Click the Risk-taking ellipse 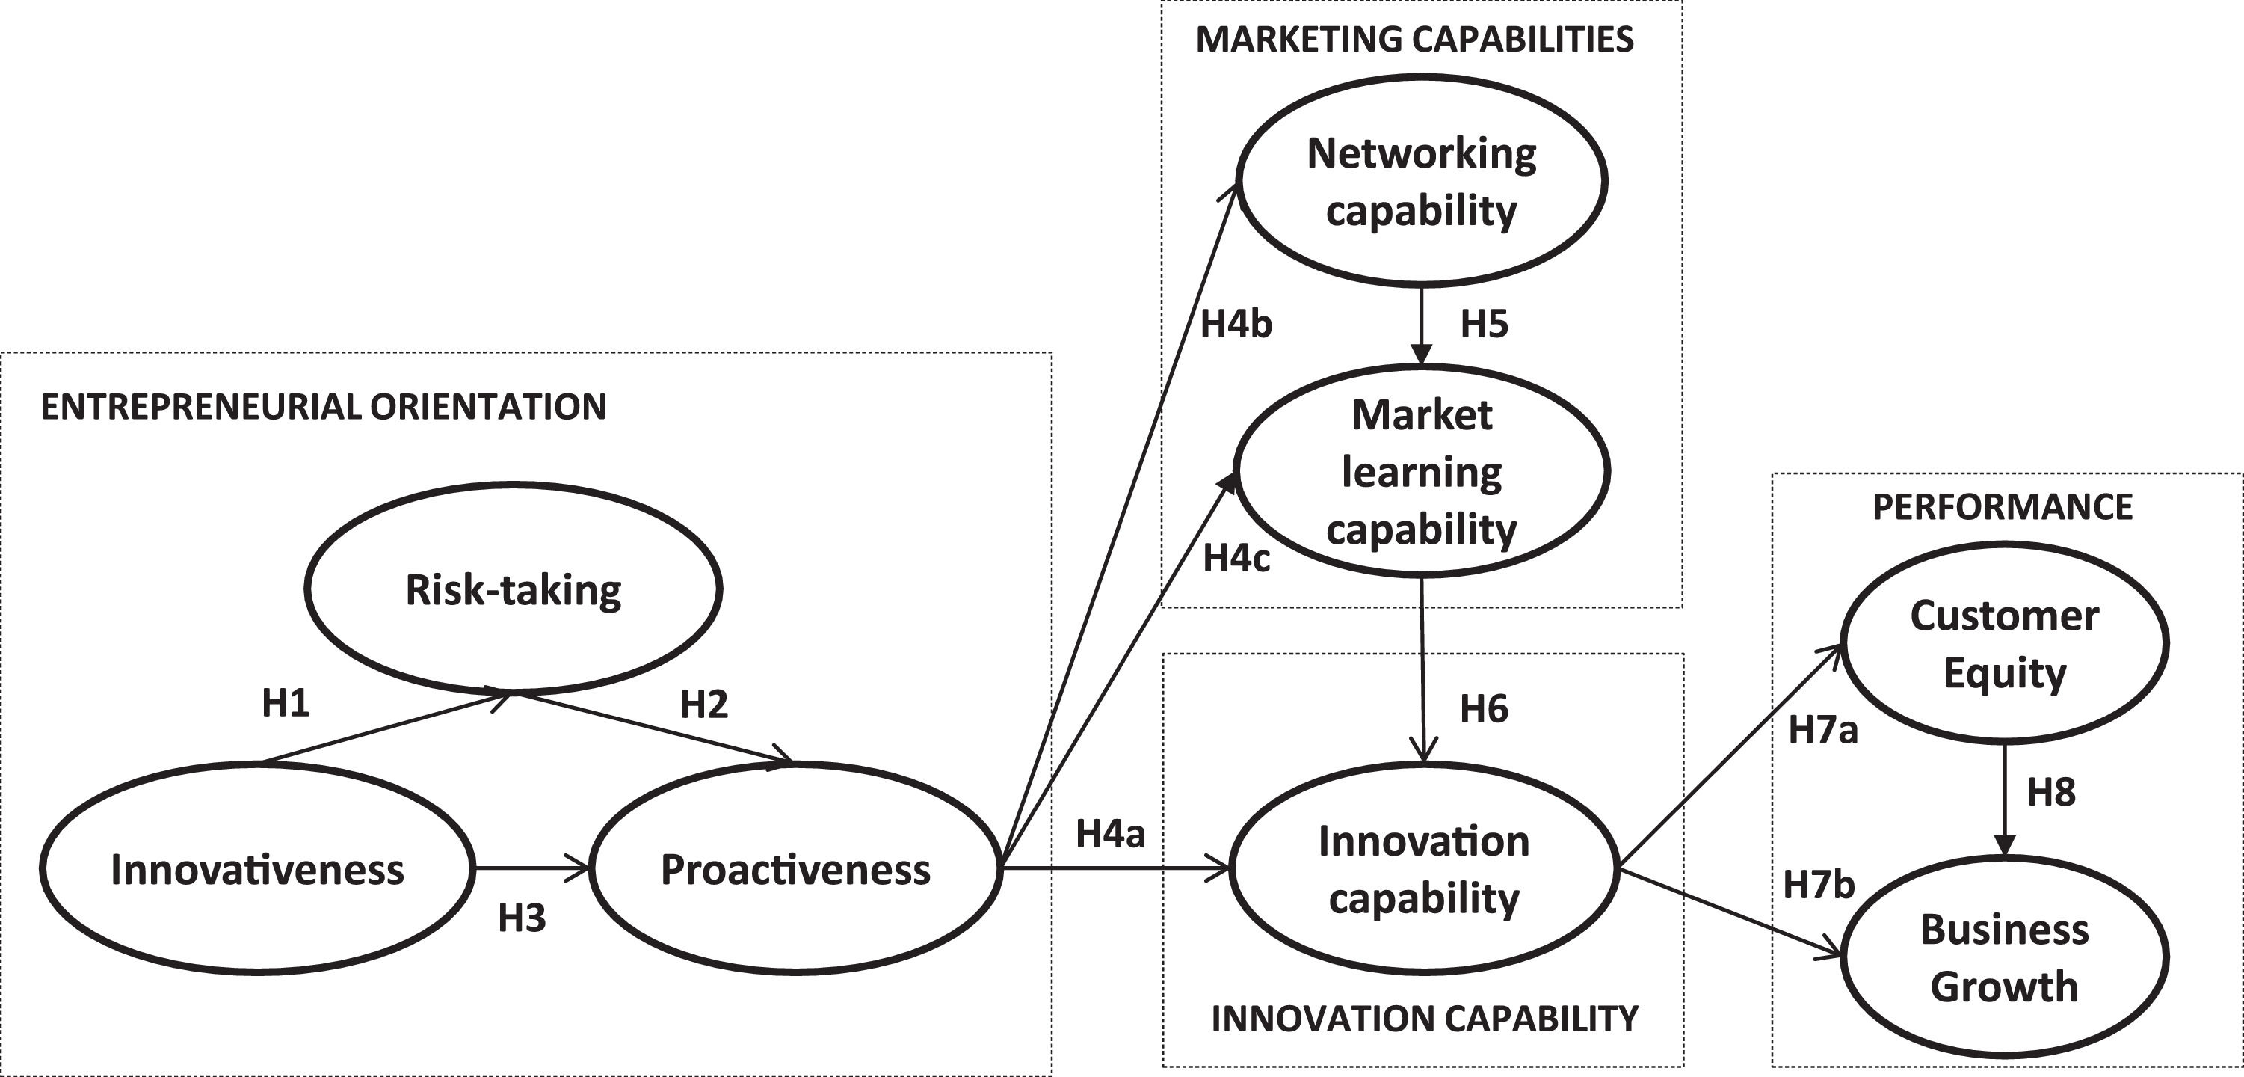pyautogui.click(x=513, y=589)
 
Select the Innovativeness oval pyautogui.click(x=257, y=869)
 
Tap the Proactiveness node pyautogui.click(x=795, y=869)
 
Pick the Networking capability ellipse pyautogui.click(x=1422, y=181)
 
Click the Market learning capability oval pyautogui.click(x=1422, y=471)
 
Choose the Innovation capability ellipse pyautogui.click(x=1423, y=869)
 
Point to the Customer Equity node pyautogui.click(x=2005, y=643)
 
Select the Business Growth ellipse pyautogui.click(x=2005, y=957)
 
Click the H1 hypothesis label pyautogui.click(x=286, y=703)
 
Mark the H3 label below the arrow pyautogui.click(x=522, y=918)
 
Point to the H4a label pyautogui.click(x=1110, y=834)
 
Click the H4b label pyautogui.click(x=1236, y=324)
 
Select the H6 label pyautogui.click(x=1485, y=709)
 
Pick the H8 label pyautogui.click(x=2050, y=792)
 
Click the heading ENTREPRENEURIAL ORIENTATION pyautogui.click(x=323, y=407)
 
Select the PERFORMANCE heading pyautogui.click(x=2003, y=507)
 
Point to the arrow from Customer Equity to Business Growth pyautogui.click(x=2005, y=797)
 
